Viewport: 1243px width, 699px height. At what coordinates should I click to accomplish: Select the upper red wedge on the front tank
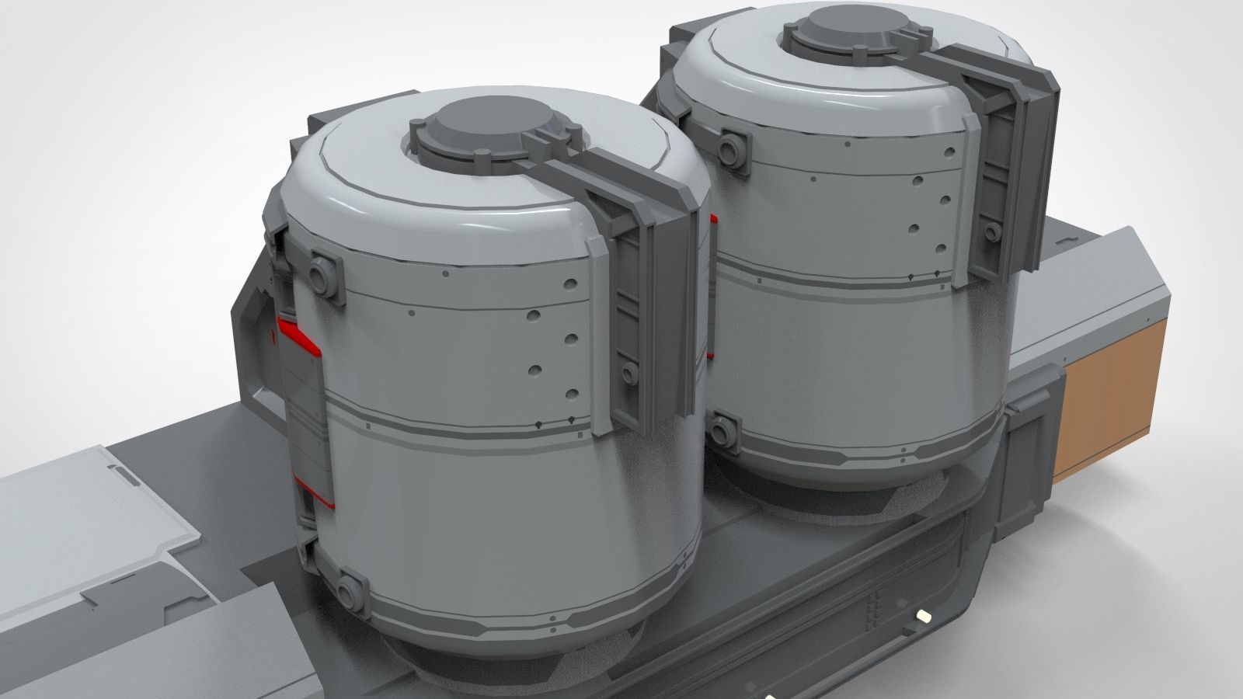[x=298, y=335]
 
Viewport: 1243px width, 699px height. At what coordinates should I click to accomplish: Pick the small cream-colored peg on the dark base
[x=924, y=614]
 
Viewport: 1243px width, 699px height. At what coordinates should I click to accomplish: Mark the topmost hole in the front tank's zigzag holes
[x=568, y=283]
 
